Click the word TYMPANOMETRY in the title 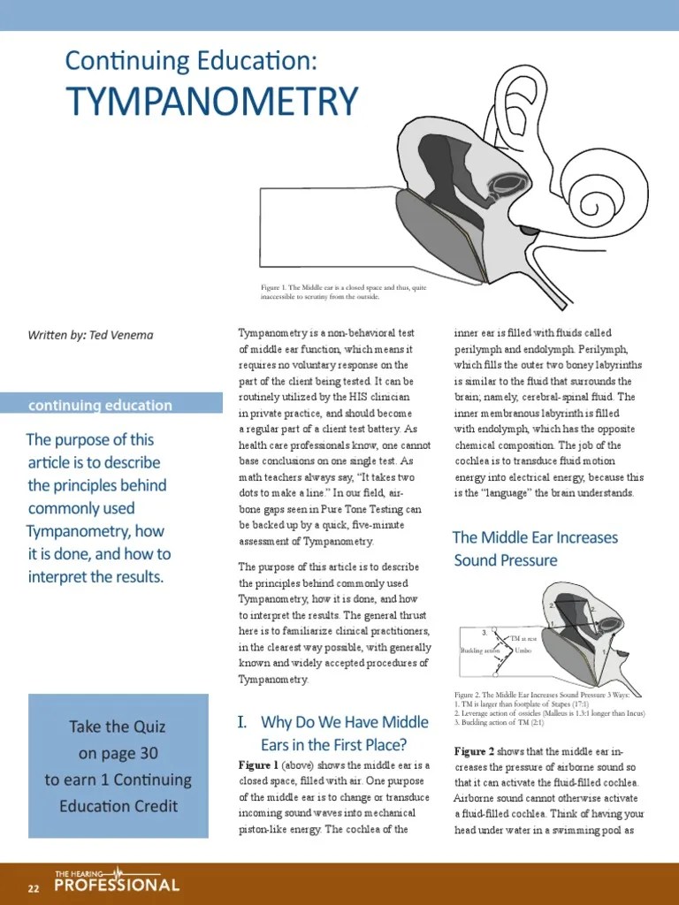212,101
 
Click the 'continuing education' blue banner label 100,406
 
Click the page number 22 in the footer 34,887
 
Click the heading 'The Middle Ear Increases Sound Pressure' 535,549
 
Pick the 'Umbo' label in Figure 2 523,650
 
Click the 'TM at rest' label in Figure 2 529,637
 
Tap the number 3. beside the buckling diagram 484,633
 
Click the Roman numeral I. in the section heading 243,723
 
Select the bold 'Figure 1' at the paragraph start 258,764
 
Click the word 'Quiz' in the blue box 146,727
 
